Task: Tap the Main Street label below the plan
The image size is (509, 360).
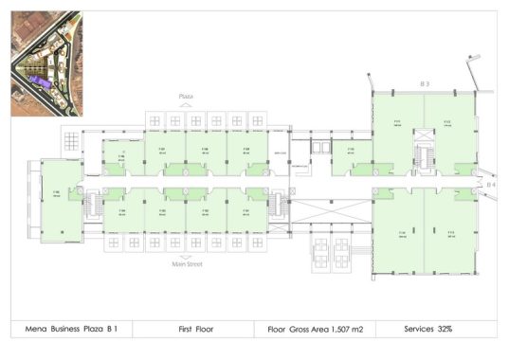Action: click(x=188, y=264)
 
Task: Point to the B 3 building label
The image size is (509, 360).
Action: click(x=426, y=84)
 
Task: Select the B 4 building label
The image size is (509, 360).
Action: click(x=491, y=185)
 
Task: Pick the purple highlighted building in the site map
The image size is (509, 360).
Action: click(x=39, y=83)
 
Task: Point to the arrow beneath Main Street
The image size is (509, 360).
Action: click(x=188, y=257)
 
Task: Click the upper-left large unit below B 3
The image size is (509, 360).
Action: click(x=397, y=133)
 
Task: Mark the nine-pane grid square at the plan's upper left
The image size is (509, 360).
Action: click(x=73, y=141)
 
